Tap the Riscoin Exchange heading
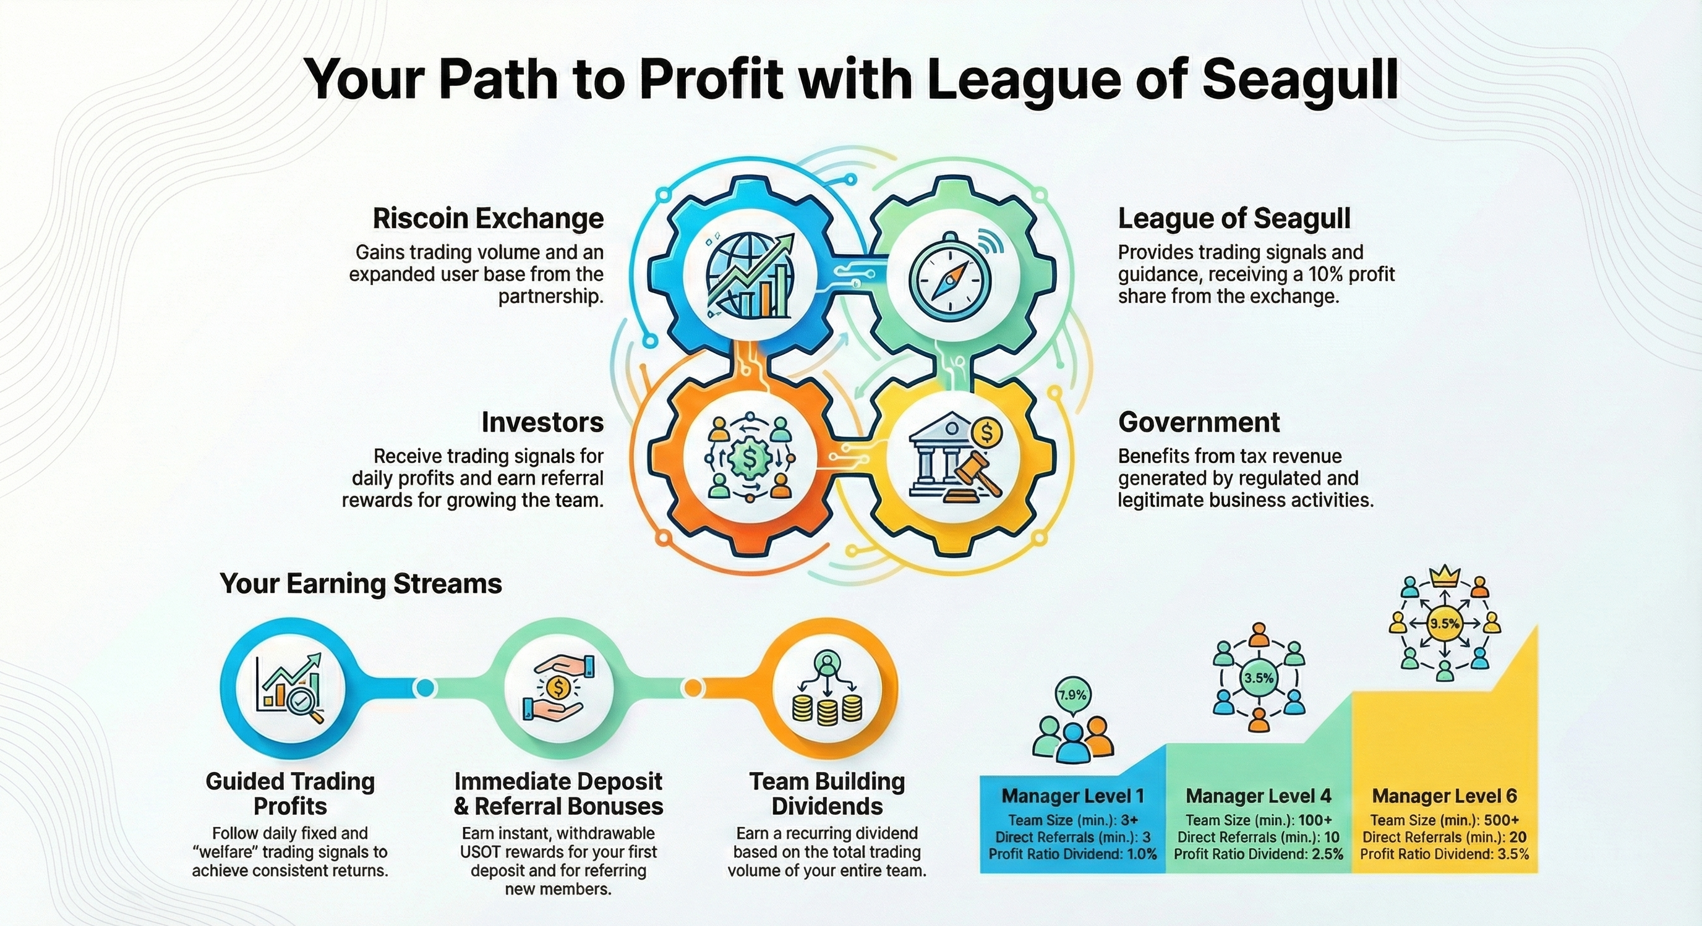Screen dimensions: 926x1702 pos(488,219)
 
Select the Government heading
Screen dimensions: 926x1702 pos(1199,422)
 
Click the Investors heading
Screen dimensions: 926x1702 pos(542,422)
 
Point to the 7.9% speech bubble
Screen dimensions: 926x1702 pos(1072,695)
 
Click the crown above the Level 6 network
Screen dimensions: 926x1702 pos(1443,577)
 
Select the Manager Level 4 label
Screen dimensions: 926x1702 pos(1258,796)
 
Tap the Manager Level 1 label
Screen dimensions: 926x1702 pos(1072,796)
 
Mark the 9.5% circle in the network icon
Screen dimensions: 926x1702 pos(1444,624)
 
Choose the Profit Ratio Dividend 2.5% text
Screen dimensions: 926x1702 pos(1259,855)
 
